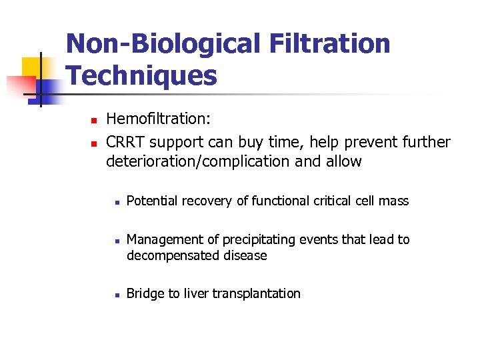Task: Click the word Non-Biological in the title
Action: click(163, 44)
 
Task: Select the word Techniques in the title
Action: click(142, 75)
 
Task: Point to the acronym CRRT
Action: click(125, 143)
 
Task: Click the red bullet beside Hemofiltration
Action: click(94, 121)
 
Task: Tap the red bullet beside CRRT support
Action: click(94, 143)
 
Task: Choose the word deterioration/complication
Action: click(211, 161)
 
